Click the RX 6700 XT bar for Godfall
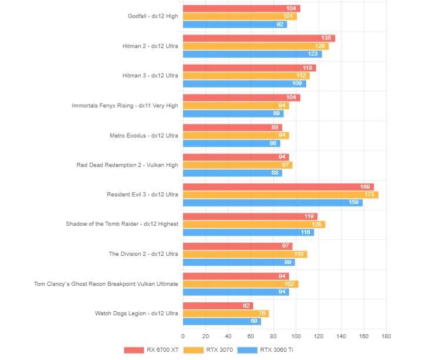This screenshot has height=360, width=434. click(x=241, y=9)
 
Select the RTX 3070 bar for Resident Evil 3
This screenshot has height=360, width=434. click(x=280, y=195)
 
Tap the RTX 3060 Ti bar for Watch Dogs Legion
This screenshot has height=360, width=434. click(x=222, y=321)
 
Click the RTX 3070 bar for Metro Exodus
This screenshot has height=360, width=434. click(x=236, y=135)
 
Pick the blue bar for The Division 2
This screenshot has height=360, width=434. click(x=238, y=262)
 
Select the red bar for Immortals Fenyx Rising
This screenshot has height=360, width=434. click(x=241, y=98)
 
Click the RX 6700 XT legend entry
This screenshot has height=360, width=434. click(x=151, y=349)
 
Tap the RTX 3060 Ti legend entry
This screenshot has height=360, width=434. click(x=272, y=349)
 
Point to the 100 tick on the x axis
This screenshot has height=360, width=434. click(x=296, y=336)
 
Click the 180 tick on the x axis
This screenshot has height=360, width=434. click(x=386, y=336)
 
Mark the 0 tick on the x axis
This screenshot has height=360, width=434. click(x=183, y=336)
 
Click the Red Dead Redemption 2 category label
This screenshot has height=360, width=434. click(x=127, y=165)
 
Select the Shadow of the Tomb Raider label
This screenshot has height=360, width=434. click(x=122, y=224)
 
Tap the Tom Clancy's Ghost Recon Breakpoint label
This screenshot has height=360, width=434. click(x=106, y=284)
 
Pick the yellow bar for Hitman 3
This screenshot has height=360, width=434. click(x=246, y=75)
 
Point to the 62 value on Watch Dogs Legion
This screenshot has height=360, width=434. click(x=246, y=306)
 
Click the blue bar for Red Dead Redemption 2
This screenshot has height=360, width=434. click(x=233, y=172)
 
